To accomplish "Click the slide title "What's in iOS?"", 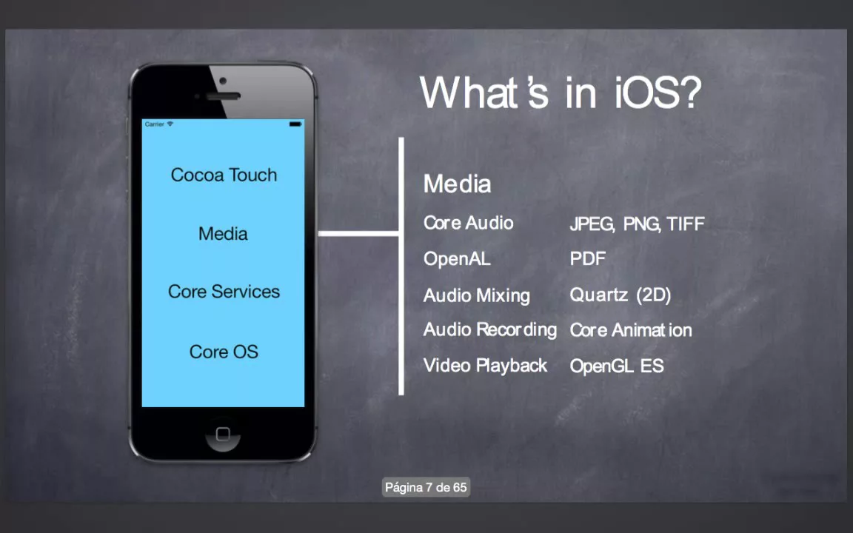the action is (x=561, y=93).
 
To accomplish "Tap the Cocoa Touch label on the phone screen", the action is (x=224, y=175).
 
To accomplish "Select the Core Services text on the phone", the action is (x=224, y=292).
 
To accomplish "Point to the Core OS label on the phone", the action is (x=224, y=352).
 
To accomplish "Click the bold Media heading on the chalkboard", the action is (x=457, y=184).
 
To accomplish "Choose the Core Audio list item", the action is (x=469, y=222).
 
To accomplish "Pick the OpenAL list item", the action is (x=457, y=258).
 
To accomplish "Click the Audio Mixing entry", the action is (x=477, y=295).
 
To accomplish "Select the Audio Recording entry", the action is (x=490, y=329).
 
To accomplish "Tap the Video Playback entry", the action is (x=485, y=366).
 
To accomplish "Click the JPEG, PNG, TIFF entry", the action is (x=637, y=224).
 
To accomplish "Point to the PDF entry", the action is (x=587, y=258).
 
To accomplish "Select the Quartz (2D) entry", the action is (x=620, y=295).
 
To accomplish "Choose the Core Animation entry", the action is (x=631, y=330).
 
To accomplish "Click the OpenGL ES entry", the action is (x=617, y=366).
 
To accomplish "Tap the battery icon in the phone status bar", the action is (x=295, y=124).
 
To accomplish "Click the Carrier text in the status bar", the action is (x=155, y=124).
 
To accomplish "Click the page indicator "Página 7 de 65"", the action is (x=426, y=487).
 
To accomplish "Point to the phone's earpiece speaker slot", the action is (x=223, y=96).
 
